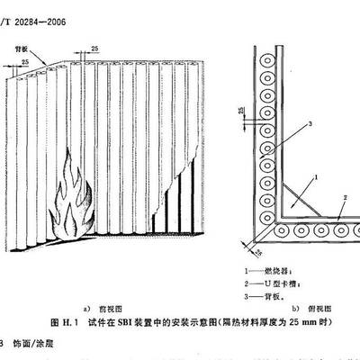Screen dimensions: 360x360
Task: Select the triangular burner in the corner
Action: point(296,202)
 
